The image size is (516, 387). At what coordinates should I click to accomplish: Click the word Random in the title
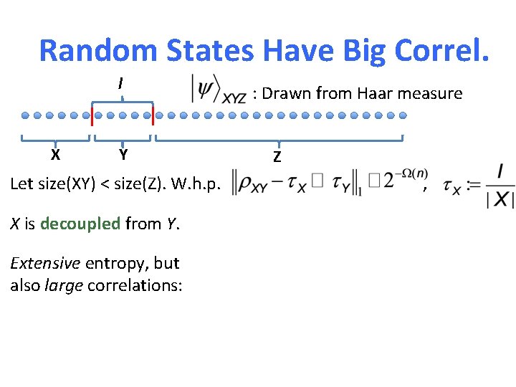click(x=97, y=50)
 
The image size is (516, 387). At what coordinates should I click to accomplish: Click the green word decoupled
click(x=80, y=224)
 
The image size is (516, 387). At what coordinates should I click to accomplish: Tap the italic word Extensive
click(x=45, y=263)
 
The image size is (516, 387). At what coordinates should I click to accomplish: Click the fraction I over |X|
click(x=500, y=185)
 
